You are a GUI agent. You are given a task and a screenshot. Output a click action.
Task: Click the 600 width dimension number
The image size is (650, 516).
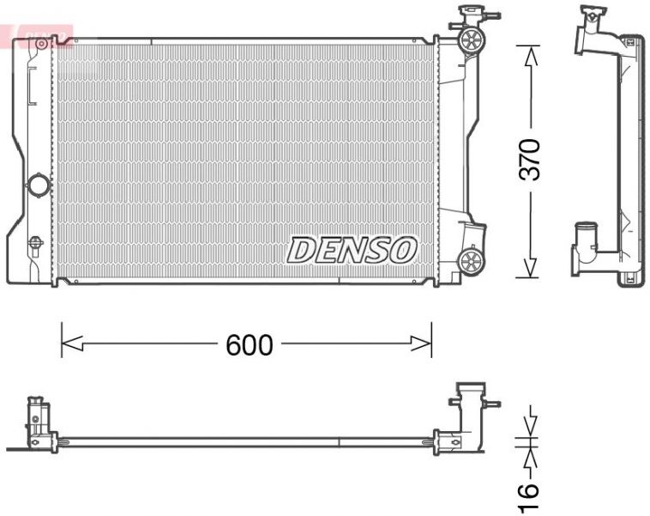pos(249,345)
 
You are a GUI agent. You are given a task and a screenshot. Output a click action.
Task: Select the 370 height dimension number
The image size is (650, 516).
pos(532,159)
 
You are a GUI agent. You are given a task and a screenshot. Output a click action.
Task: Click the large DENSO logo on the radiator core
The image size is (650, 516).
pos(352,250)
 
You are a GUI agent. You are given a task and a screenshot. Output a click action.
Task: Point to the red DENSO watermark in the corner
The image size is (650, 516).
pos(39,35)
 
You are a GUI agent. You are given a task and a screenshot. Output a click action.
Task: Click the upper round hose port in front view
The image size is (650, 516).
pos(471,39)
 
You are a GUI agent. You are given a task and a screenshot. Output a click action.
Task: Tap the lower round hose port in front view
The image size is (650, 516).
pos(471,260)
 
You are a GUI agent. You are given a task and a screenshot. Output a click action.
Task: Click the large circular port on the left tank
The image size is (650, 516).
pos(39,185)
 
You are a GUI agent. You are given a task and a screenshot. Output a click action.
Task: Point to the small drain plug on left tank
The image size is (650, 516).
pos(35,242)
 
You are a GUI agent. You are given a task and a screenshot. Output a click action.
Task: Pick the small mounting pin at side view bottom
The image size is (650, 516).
pos(630,277)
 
